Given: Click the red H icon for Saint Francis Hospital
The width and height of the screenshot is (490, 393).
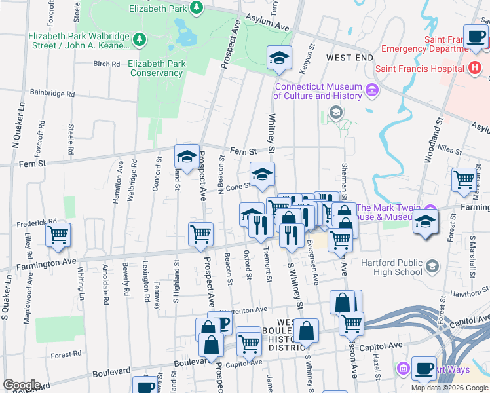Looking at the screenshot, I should coord(475,68).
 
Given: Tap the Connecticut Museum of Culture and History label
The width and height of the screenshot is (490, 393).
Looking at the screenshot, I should coord(318,91).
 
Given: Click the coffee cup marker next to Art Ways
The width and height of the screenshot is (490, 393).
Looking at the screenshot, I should coord(424,368).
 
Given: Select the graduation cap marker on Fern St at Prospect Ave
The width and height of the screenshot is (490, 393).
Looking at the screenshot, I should coord(187,157).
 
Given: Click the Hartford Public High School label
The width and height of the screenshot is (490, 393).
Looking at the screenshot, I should coord(391,267).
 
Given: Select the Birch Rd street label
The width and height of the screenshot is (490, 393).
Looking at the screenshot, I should coord(107,64).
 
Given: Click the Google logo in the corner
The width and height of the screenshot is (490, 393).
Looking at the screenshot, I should coord(22,385).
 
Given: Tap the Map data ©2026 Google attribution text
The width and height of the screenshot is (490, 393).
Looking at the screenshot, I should coord(449,388).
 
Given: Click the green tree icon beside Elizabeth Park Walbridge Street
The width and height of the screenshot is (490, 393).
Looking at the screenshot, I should coord(139,41).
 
